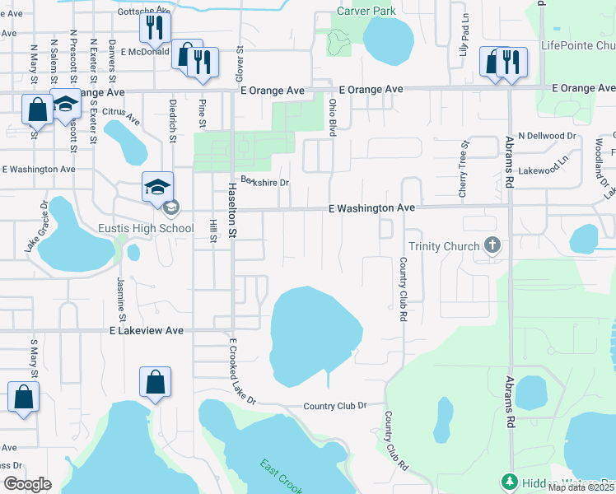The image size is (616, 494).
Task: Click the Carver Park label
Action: click(366, 11)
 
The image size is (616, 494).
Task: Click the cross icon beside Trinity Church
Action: click(492, 245)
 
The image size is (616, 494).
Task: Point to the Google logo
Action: click(28, 484)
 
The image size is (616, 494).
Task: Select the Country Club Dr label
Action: click(334, 406)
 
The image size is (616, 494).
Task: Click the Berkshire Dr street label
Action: click(265, 182)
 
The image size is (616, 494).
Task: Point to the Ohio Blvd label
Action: click(334, 116)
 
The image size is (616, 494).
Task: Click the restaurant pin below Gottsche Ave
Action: click(154, 28)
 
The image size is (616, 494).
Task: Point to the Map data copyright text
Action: click(581, 487)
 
